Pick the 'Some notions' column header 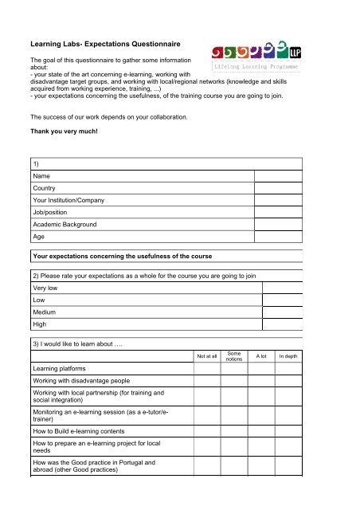click(234, 356)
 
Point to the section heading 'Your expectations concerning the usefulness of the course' click(133, 257)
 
